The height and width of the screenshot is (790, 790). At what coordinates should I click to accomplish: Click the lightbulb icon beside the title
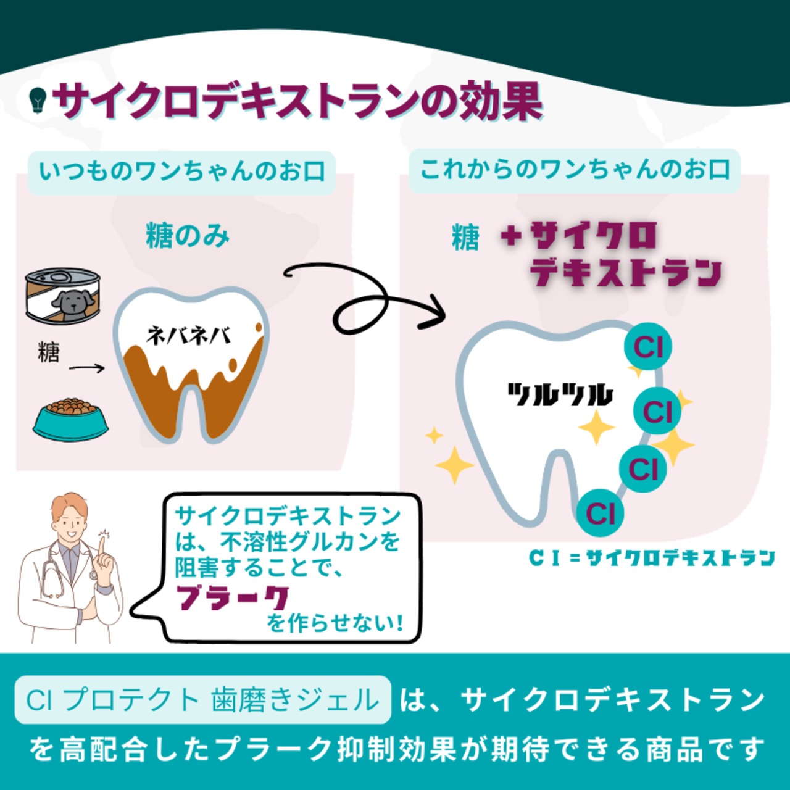38,99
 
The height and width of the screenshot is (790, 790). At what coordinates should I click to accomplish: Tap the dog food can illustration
63,296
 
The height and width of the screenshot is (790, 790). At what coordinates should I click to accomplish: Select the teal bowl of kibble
70,418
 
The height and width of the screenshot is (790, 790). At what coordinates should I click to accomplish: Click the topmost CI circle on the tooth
647,347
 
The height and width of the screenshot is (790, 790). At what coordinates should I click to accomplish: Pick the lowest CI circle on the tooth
601,513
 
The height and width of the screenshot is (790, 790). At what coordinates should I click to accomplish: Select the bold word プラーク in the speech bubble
233,597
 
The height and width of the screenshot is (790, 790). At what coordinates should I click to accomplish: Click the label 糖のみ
188,236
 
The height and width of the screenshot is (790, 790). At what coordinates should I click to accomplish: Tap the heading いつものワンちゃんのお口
181,171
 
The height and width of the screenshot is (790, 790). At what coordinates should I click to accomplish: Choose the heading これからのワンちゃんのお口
575,169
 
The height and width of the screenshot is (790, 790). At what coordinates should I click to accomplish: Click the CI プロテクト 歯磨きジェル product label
202,700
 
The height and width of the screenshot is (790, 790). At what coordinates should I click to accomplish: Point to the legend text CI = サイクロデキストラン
652,558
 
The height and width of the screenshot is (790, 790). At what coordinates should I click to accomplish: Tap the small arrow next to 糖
86,368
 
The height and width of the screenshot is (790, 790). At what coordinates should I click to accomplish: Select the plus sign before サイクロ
511,236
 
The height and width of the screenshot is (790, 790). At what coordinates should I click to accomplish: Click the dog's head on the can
73,301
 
